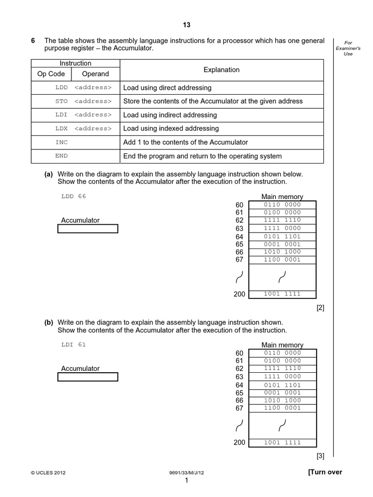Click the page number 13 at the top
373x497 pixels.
[187, 25]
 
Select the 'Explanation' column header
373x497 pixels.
[221, 70]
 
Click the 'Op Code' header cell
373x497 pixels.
[51, 74]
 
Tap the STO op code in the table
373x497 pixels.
[62, 101]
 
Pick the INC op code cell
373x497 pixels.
[62, 142]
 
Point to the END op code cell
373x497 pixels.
[62, 156]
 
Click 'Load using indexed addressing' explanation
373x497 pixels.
[171, 129]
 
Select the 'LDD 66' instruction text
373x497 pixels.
[74, 197]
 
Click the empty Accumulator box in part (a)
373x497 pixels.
[88, 229]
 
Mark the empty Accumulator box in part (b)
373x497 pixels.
[88, 377]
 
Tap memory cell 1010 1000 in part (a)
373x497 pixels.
[282, 252]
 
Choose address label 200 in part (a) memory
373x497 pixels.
[239, 294]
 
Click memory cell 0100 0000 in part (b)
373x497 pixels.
[282, 361]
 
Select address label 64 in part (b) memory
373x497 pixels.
[239, 385]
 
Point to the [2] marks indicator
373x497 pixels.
[320, 308]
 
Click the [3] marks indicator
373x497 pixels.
[320, 456]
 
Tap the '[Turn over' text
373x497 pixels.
[325, 472]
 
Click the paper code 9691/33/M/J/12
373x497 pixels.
[186, 473]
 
